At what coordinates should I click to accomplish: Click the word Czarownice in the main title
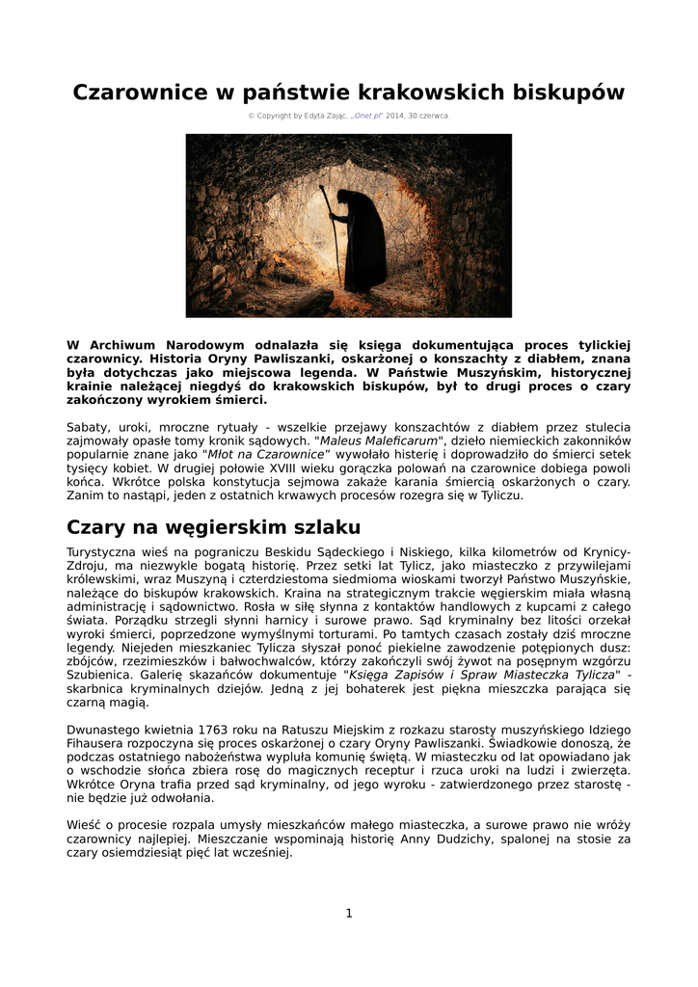click(140, 93)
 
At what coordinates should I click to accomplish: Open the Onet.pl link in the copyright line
click(367, 116)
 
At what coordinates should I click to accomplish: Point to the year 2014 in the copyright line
click(394, 116)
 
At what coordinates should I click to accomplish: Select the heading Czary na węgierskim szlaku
click(213, 527)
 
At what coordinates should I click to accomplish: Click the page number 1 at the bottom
click(349, 914)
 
